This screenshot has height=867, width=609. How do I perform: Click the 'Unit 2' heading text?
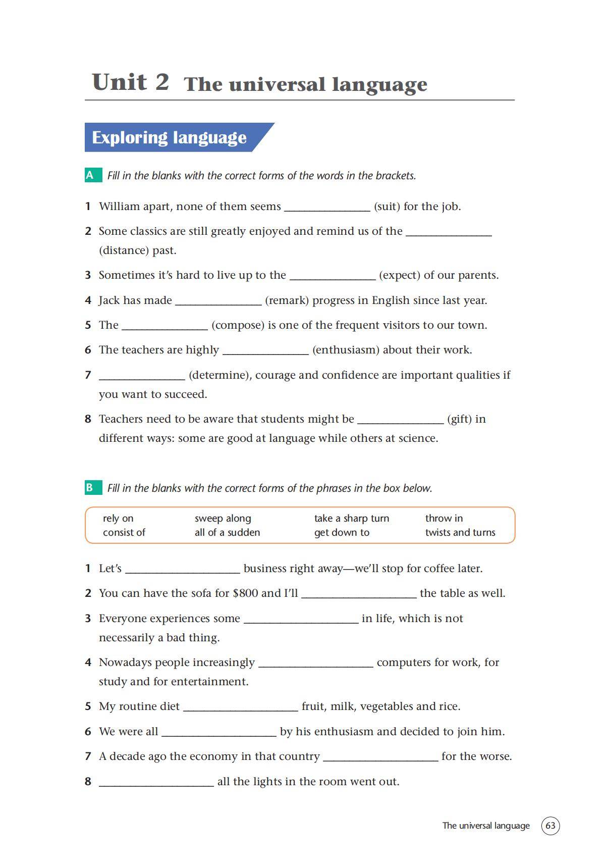(x=130, y=82)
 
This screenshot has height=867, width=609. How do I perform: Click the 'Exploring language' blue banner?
(x=170, y=137)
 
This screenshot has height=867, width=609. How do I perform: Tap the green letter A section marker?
(x=90, y=175)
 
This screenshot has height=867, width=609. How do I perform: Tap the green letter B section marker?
(x=90, y=488)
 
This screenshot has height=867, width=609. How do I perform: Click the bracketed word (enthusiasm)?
(x=346, y=350)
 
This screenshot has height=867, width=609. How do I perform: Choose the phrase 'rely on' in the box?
(x=118, y=518)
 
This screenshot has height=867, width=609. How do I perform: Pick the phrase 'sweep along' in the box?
(x=223, y=518)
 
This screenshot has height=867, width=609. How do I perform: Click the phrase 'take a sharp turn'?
(x=351, y=518)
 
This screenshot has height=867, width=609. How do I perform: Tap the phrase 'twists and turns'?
(x=460, y=532)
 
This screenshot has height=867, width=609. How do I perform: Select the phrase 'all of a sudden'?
(x=227, y=532)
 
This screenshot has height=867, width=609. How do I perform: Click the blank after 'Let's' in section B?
(x=182, y=569)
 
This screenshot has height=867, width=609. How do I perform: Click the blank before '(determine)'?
(x=142, y=376)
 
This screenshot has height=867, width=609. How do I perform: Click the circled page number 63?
(x=550, y=826)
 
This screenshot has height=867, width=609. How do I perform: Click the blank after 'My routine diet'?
(x=240, y=707)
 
